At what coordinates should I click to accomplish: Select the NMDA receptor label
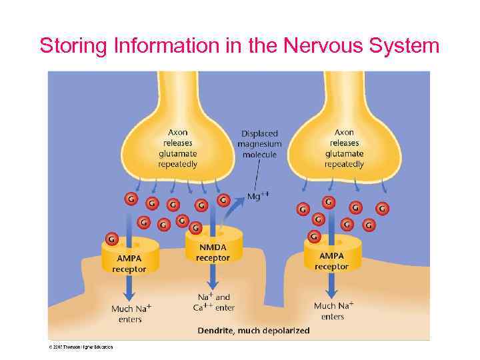coord(213,253)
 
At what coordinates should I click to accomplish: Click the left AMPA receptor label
coord(129,263)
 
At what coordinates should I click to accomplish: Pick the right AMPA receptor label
coord(331,261)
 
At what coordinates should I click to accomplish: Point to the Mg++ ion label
coord(258,196)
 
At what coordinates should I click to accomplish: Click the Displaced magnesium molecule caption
coord(259,144)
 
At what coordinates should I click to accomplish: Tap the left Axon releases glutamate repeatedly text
coord(177,148)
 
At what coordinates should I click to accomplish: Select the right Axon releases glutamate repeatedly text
coord(344,148)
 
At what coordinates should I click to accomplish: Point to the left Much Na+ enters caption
coord(131,313)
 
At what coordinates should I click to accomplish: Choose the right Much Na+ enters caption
coord(333,311)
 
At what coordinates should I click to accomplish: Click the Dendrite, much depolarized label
coord(253,331)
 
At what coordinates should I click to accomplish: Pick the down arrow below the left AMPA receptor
coord(129,287)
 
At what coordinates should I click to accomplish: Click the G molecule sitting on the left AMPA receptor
coord(112,237)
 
